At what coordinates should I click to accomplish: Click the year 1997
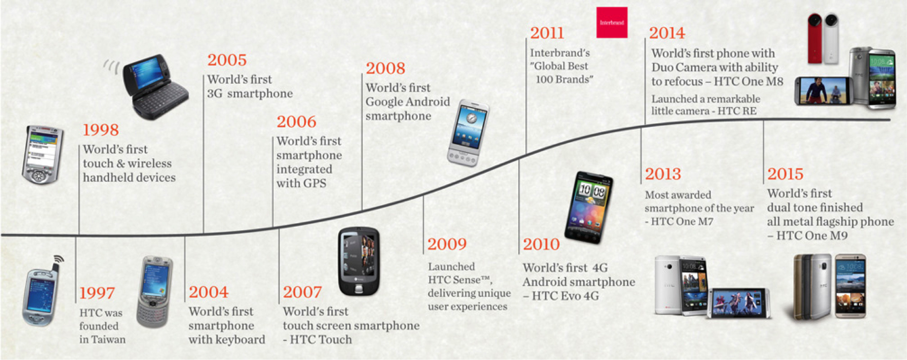click(x=97, y=293)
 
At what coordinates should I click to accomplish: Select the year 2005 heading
click(x=227, y=60)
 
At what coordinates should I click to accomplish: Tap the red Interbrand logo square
click(x=612, y=22)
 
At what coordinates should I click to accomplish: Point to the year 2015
click(x=785, y=174)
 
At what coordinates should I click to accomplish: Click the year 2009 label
click(x=447, y=245)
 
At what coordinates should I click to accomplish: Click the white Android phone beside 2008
click(x=468, y=133)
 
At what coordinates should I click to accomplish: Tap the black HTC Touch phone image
click(x=359, y=261)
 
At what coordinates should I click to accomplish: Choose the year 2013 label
click(x=663, y=174)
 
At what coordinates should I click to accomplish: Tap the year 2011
click(x=547, y=33)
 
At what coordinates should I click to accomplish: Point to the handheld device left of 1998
click(x=42, y=155)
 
